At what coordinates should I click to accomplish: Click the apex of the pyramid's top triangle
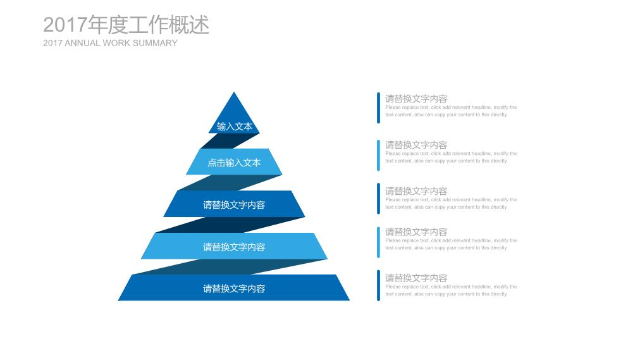pyautogui.click(x=234, y=92)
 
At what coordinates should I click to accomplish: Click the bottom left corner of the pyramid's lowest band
pyautogui.click(x=118, y=301)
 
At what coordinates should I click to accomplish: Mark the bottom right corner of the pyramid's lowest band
pyautogui.click(x=350, y=301)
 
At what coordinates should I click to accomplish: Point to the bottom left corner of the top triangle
pyautogui.click(x=209, y=133)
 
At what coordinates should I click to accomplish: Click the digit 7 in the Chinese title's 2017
pyautogui.click(x=81, y=25)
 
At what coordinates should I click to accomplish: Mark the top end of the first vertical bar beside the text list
pyautogui.click(x=378, y=93)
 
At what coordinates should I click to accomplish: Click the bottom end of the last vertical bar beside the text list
pyautogui.click(x=378, y=301)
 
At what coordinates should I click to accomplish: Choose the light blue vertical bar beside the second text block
pyautogui.click(x=378, y=155)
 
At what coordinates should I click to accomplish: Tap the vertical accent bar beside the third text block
pyautogui.click(x=378, y=199)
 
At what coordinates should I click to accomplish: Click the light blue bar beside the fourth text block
pyautogui.click(x=378, y=242)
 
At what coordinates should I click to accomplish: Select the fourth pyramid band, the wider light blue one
pyautogui.click(x=234, y=245)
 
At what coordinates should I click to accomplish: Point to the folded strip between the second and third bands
pyautogui.click(x=230, y=182)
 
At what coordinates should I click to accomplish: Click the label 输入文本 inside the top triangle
pyautogui.click(x=235, y=127)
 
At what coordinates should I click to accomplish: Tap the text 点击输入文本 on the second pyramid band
pyautogui.click(x=234, y=163)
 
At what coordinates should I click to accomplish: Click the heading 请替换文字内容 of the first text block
pyautogui.click(x=416, y=99)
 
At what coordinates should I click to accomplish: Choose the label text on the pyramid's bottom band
pyautogui.click(x=234, y=289)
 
